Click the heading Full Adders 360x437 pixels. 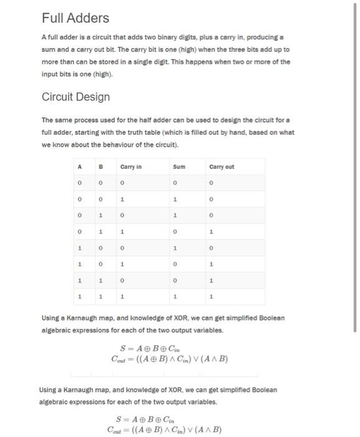click(75, 17)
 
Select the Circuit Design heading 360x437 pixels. click(75, 97)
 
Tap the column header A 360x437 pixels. click(79, 167)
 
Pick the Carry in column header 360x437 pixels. click(131, 167)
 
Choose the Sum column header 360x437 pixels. click(178, 167)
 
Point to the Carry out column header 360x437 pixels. click(222, 167)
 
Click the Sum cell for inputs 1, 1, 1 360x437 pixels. click(177, 295)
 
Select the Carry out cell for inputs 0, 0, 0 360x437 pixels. click(212, 183)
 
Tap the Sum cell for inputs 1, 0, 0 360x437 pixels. click(177, 247)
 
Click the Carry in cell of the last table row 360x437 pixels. click(122, 295)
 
